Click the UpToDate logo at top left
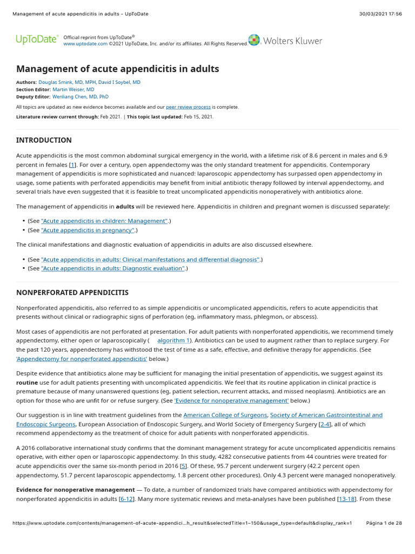tap(37, 39)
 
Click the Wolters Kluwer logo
tap(285, 41)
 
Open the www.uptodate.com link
tap(85, 43)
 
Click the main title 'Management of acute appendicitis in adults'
tap(118, 69)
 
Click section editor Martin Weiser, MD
tap(73, 89)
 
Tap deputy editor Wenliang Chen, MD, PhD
tap(81, 96)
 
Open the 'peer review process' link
tap(188, 107)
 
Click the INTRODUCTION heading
tap(44, 140)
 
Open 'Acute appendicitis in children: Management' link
tap(105, 221)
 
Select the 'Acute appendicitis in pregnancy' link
tap(88, 230)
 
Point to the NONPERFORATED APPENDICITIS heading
tap(72, 293)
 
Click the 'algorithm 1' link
tap(173, 340)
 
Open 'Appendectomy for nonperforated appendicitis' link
tap(82, 359)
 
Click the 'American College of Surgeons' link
tap(225, 415)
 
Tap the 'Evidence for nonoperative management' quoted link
tap(231, 400)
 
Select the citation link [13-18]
tap(346, 499)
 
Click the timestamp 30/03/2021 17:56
tap(380, 14)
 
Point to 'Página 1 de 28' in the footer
tap(384, 523)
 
